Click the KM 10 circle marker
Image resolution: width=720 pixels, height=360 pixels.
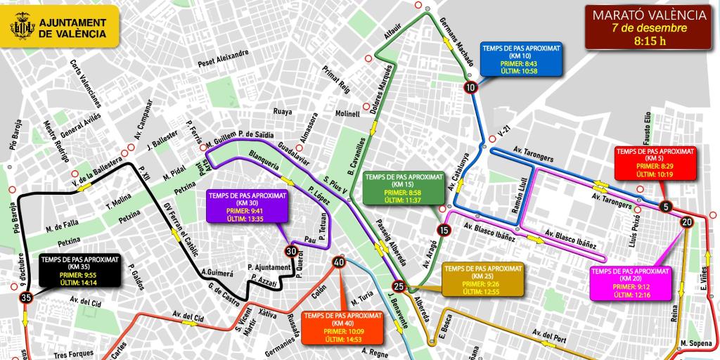click(x=470, y=87)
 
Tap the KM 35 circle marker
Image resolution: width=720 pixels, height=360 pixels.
click(x=27, y=298)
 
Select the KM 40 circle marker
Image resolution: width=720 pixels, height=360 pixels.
click(x=339, y=262)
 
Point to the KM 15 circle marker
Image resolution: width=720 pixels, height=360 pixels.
click(x=443, y=230)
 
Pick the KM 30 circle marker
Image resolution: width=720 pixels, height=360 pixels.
click(x=291, y=251)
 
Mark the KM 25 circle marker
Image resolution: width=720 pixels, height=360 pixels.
click(x=399, y=286)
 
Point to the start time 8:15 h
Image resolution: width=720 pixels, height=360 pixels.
click(x=649, y=40)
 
